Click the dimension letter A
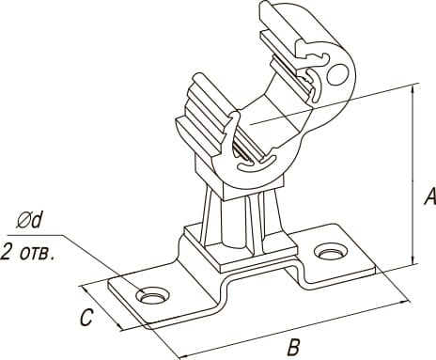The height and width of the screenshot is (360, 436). coord(429,196)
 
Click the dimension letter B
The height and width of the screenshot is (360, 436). coord(294,347)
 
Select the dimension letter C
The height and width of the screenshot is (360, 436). coord(86,318)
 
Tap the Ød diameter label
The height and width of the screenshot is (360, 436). coord(29,221)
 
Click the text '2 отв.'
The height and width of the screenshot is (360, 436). coord(27,253)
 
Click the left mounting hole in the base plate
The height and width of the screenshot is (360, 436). coord(152,295)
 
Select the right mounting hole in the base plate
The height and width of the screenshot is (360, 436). coord(331,252)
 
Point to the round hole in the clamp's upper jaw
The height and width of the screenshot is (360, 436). coord(338,74)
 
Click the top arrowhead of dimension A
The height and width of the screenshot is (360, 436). coord(413,88)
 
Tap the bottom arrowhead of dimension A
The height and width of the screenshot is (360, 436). coord(413,259)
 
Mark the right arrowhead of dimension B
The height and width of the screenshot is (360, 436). coord(405,301)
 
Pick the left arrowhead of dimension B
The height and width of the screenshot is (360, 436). coord(183,356)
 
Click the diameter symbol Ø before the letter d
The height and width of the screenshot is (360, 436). coord(23,222)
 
